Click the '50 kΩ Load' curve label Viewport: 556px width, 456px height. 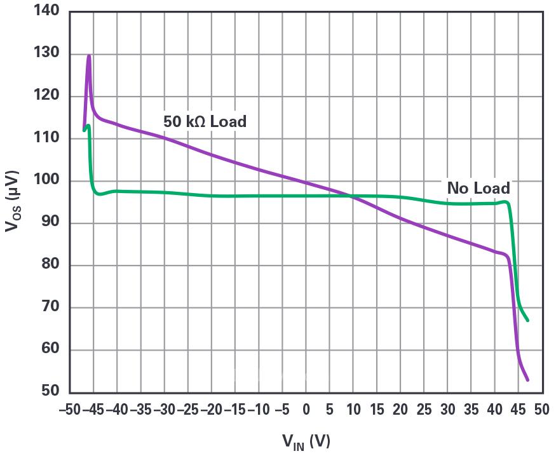(x=204, y=121)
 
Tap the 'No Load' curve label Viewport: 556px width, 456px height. (x=478, y=188)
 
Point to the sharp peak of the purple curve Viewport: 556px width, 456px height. (x=89, y=56)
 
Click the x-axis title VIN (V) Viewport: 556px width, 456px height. (x=306, y=440)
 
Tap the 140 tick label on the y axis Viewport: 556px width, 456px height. (x=46, y=11)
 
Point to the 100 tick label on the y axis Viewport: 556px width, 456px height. (x=46, y=180)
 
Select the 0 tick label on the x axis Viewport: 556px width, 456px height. (x=306, y=410)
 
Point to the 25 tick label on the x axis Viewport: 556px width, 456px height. (x=424, y=410)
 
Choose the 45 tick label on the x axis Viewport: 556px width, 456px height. (x=518, y=410)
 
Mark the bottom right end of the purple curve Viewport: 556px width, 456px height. (x=527, y=380)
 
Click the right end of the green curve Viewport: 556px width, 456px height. (x=527, y=320)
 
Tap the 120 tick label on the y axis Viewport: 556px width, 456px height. (x=46, y=96)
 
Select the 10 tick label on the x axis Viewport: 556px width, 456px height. (x=353, y=410)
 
